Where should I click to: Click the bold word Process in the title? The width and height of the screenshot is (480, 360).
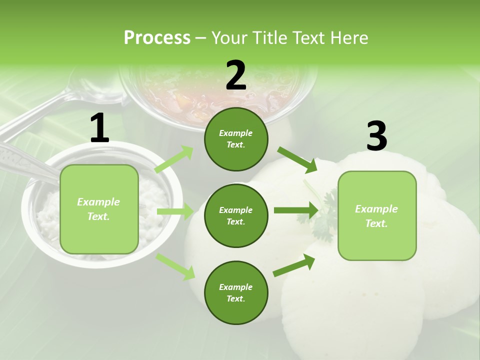coord(157,37)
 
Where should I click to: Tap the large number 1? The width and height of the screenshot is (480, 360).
coord(99,128)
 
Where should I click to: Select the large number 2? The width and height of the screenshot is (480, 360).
coord(236,75)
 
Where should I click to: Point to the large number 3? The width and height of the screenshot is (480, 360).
coord(376,136)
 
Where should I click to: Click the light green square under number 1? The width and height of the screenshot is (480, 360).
coord(99,209)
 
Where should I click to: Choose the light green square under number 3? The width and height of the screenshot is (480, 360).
coord(377,215)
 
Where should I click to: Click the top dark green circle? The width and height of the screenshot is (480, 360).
coord(236,139)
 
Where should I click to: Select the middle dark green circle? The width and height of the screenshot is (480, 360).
coord(236,215)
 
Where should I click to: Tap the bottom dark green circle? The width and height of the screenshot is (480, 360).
coord(236,292)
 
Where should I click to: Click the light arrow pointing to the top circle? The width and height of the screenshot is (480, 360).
coord(174,159)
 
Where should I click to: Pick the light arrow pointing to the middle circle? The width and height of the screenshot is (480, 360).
coord(174,211)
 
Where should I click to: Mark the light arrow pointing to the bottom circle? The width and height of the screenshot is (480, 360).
coord(175,266)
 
